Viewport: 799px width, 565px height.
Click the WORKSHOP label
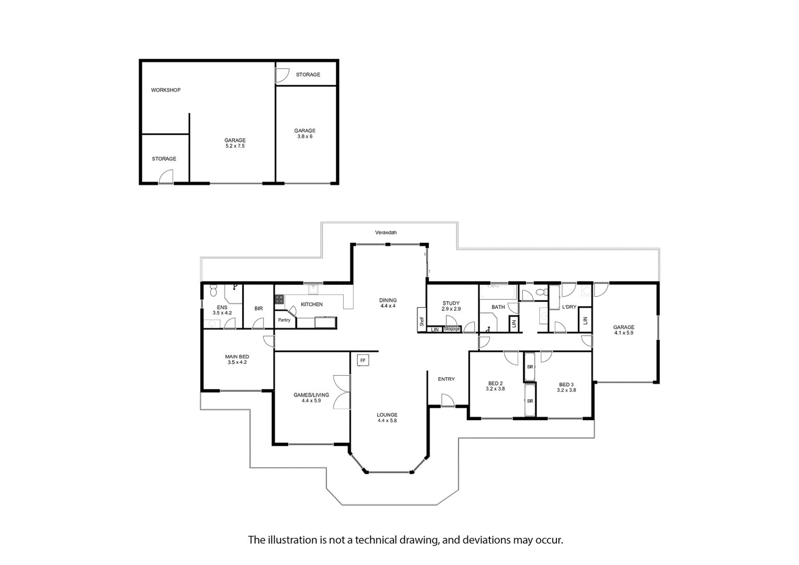point(166,90)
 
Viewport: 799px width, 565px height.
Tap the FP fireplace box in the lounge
point(363,360)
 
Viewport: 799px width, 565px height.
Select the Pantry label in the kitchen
point(284,320)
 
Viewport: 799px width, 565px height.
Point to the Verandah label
point(385,232)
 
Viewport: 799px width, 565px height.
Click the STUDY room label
point(451,303)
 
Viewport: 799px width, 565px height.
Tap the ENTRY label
point(446,379)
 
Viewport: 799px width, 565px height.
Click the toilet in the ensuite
point(213,290)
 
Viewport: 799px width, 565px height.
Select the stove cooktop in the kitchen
point(279,299)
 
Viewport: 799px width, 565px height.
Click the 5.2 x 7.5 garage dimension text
point(235,146)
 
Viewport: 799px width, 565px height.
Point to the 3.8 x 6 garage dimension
point(305,137)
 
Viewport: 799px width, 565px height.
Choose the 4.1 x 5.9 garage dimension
point(623,333)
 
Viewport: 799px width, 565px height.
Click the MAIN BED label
point(237,357)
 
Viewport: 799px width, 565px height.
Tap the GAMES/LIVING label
point(311,395)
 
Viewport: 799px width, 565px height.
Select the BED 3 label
point(566,385)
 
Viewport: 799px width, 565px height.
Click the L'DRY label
point(569,307)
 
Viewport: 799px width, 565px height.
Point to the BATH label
point(498,307)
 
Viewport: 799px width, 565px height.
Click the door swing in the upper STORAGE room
point(282,75)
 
